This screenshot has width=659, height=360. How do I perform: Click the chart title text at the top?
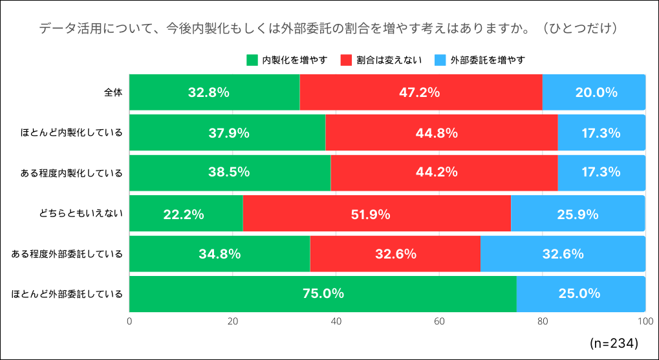(x=330, y=29)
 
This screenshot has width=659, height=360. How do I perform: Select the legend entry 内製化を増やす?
(x=287, y=60)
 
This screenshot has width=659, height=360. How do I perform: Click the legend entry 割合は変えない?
(x=381, y=60)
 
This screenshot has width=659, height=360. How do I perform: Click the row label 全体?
(x=113, y=92)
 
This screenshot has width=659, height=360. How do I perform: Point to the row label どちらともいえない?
(x=81, y=213)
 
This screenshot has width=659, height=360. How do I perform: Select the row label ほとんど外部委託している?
(x=67, y=294)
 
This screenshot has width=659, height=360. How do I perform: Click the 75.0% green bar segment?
(x=323, y=294)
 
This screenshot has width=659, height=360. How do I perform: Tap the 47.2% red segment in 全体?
(x=420, y=92)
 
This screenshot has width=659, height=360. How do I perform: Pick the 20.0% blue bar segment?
(x=594, y=92)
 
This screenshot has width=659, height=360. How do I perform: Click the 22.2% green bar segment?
(x=186, y=213)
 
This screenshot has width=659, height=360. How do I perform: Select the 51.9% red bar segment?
(x=376, y=213)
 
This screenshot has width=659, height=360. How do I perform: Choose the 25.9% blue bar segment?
(x=578, y=213)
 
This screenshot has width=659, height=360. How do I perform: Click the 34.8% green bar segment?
(x=219, y=253)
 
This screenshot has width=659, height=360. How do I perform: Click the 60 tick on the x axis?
(x=439, y=321)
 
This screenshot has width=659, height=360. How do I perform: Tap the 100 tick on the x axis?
(x=644, y=321)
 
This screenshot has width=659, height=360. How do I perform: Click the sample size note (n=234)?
(x=614, y=342)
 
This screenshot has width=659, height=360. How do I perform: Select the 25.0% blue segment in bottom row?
(x=580, y=294)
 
